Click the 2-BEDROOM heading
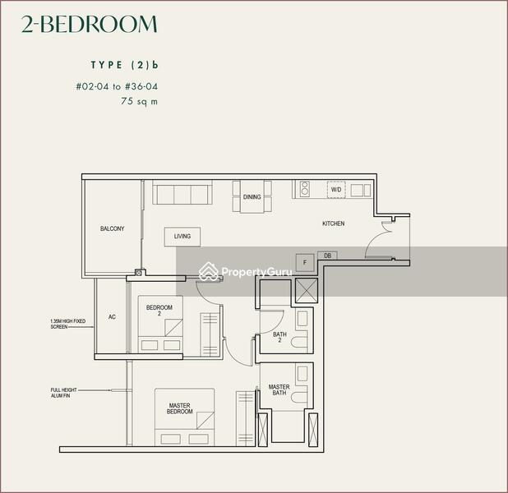[x=89, y=25]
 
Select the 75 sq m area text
[x=138, y=102]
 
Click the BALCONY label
[x=112, y=228]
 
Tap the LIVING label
[x=182, y=237]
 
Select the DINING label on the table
[x=252, y=197]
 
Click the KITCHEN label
[x=333, y=223]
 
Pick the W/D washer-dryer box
[x=336, y=190]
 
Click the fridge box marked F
[x=305, y=261]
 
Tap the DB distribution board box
[x=327, y=256]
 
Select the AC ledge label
[x=111, y=316]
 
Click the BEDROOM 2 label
[x=159, y=311]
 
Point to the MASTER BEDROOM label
[x=180, y=408]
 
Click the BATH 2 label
[x=279, y=337]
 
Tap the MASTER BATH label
[x=279, y=389]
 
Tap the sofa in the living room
[x=182, y=195]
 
